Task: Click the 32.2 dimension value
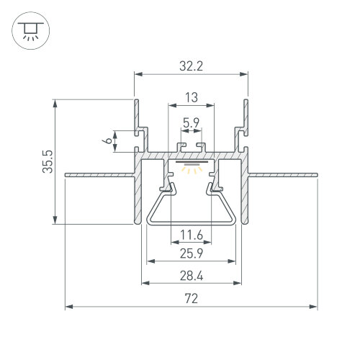191,66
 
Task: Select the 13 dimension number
192,97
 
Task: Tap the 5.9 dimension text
191,123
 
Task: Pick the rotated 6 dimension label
109,140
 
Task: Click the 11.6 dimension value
192,235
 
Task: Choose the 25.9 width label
192,253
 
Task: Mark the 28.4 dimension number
192,276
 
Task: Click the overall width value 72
192,299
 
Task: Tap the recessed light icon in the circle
31,31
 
